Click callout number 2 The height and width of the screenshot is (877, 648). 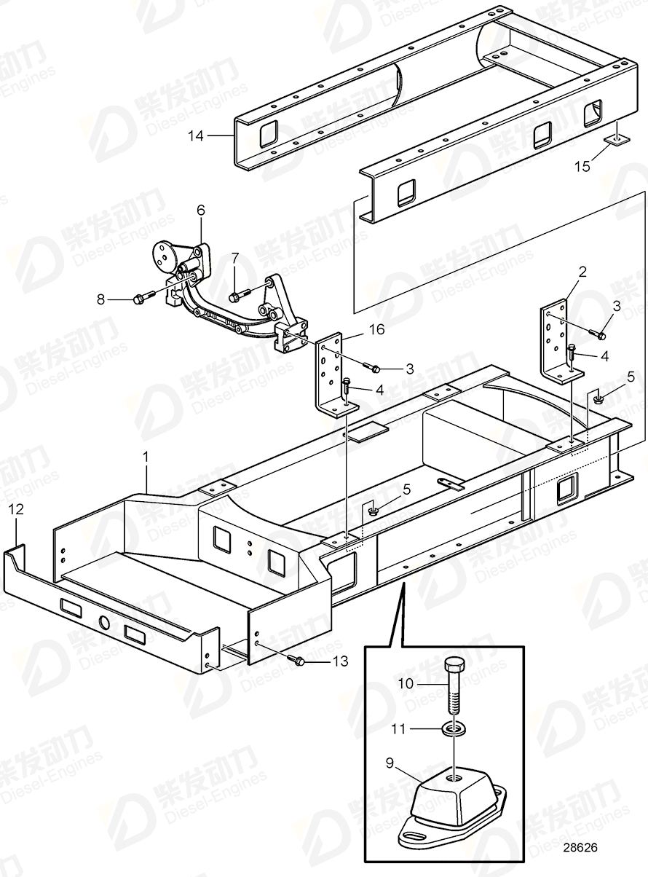coord(582,272)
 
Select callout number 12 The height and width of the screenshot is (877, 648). coord(15,509)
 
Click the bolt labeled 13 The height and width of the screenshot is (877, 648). coord(297,660)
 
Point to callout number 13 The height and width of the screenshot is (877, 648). coord(339,661)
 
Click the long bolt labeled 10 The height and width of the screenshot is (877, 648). coord(454,688)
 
